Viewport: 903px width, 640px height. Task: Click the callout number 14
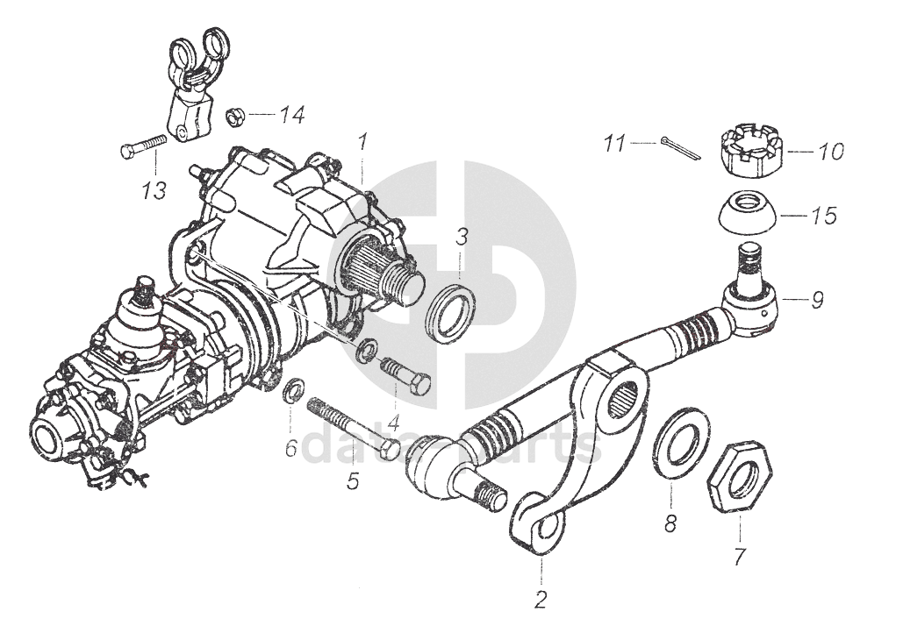coord(291,115)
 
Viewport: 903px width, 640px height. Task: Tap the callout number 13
coord(154,190)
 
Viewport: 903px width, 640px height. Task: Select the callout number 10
coord(829,152)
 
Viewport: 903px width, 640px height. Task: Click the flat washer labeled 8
coord(682,444)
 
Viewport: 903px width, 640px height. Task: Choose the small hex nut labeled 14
coord(234,116)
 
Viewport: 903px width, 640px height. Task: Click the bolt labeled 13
coord(143,146)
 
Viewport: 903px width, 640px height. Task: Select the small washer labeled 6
coord(294,389)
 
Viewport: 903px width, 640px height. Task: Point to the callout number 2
coord(541,601)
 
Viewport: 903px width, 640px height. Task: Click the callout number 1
coord(362,140)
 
